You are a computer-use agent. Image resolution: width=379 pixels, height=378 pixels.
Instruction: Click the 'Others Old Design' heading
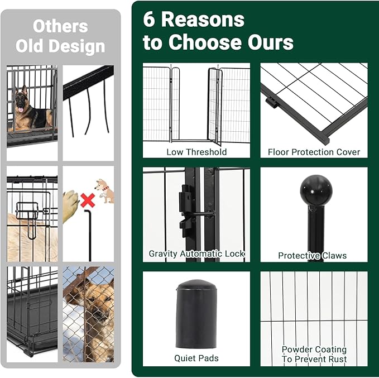(x=60, y=35)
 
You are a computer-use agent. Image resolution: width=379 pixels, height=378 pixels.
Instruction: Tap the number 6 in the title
(x=148, y=20)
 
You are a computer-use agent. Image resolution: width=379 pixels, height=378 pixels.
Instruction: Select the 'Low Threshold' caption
(x=196, y=152)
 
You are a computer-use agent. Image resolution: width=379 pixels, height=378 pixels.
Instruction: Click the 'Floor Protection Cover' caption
(x=314, y=152)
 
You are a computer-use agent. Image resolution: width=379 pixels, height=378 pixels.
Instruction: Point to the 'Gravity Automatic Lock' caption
(x=196, y=253)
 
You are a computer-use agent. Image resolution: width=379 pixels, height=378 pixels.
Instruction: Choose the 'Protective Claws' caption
(x=312, y=256)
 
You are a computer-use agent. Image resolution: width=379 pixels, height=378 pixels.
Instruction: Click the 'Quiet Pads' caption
(x=196, y=358)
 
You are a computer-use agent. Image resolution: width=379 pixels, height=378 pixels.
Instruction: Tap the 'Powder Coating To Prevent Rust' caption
(x=314, y=354)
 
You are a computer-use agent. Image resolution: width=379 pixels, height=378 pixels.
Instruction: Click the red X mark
(x=86, y=199)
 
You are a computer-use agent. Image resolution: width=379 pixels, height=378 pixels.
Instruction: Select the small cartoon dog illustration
(x=104, y=190)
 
